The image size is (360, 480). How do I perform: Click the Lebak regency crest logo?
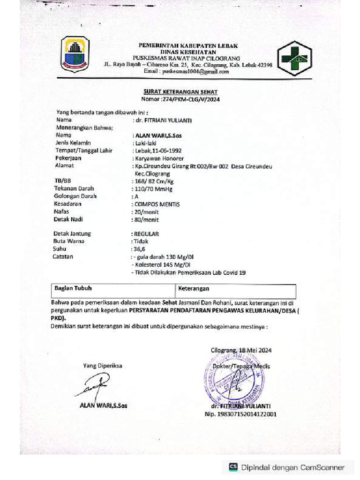click(x=75, y=54)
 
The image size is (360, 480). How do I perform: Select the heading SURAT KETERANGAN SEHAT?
click(x=180, y=92)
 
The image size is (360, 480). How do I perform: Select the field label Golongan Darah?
click(x=75, y=196)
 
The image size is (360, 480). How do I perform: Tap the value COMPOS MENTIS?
click(x=157, y=204)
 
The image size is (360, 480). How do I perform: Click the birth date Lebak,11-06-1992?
click(x=157, y=150)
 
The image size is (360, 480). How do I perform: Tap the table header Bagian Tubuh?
click(x=73, y=289)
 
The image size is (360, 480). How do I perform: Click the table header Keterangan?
click(x=194, y=289)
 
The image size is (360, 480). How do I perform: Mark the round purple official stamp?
click(x=232, y=378)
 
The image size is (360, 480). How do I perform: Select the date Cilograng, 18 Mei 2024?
click(x=241, y=350)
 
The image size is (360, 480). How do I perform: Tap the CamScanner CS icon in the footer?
click(x=233, y=467)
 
